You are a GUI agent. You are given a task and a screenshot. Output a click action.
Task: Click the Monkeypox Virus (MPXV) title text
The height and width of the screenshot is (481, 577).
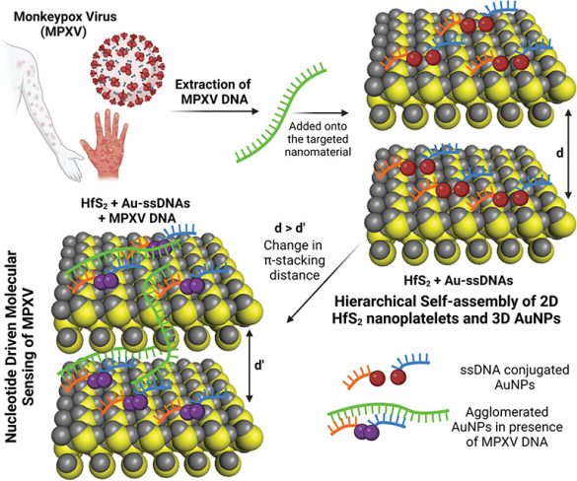[65, 25]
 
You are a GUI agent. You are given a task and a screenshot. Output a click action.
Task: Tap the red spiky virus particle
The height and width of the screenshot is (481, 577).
[128, 69]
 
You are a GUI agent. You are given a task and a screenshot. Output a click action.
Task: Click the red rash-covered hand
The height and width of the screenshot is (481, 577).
[105, 143]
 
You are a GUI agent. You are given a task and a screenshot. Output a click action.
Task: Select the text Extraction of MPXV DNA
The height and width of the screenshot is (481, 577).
[213, 92]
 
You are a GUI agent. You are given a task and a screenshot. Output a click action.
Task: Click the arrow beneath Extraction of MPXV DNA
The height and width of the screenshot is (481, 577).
[215, 111]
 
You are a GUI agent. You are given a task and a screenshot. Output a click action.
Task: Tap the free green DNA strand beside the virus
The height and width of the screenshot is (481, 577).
[280, 112]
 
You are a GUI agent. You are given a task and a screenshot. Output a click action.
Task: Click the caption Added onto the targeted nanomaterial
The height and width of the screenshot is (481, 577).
[318, 139]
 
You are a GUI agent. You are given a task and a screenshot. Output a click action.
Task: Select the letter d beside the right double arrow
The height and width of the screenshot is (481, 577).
[560, 153]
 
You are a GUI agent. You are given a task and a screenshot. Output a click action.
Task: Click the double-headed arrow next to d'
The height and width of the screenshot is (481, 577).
[250, 366]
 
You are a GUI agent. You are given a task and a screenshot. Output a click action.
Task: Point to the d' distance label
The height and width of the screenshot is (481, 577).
[260, 366]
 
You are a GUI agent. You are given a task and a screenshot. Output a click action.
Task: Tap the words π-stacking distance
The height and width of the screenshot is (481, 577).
[294, 268]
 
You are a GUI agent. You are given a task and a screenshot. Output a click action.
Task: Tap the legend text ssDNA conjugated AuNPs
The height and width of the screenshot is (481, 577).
[515, 377]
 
